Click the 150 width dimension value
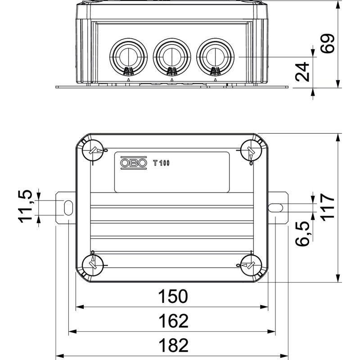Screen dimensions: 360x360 coord(173,296)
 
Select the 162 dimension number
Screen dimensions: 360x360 coord(174,321)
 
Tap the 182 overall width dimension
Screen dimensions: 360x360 coord(174,345)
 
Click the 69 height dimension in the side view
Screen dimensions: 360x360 coord(327,44)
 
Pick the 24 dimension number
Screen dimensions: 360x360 coord(302,72)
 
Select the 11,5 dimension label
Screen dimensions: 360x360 coord(25,207)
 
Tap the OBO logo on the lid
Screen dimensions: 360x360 coord(134,163)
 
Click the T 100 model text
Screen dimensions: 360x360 coord(162,163)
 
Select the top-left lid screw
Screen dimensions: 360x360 coord(93,150)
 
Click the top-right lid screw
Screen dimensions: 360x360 coord(251,150)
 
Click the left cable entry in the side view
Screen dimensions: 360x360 coord(129,57)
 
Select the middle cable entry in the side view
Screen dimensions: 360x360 coord(172,57)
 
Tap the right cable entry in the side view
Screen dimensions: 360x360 coord(216,57)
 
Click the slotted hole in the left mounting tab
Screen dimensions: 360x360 coord(68,208)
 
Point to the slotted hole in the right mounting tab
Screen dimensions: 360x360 coord(275,208)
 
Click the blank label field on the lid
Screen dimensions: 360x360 coord(172,172)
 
